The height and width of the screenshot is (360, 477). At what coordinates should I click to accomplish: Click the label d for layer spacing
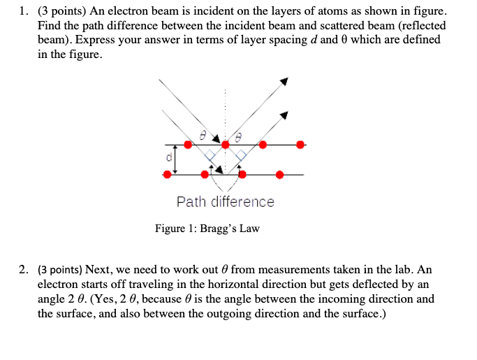pos(168,158)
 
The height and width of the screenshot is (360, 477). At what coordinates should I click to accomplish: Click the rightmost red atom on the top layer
pos(300,145)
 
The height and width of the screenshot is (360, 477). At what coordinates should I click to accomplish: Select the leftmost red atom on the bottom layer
pos(166,174)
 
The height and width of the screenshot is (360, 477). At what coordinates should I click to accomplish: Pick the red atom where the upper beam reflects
pos(225,145)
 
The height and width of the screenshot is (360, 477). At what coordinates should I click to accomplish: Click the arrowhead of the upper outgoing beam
pos(284,82)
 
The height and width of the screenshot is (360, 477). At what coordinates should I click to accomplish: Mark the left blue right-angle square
pos(209,155)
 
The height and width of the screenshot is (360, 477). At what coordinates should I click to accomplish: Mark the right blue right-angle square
pos(241,155)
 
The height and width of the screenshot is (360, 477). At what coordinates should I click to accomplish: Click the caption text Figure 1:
pos(175,229)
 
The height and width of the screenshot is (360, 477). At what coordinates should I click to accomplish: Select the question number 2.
pos(24,269)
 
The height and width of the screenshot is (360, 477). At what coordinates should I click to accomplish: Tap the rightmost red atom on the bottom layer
pos(279,174)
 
